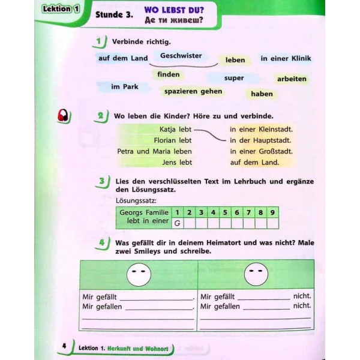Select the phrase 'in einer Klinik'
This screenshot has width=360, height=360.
(286, 58)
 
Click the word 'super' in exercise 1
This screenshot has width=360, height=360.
(234, 78)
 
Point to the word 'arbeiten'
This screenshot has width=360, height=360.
(292, 79)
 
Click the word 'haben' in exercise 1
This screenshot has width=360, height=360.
(262, 94)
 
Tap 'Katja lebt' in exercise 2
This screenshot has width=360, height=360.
(176, 129)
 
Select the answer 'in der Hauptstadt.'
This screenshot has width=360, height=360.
(261, 140)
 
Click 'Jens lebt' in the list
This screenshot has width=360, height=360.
(177, 162)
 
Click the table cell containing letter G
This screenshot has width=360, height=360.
(177, 223)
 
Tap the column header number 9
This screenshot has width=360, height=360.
(272, 212)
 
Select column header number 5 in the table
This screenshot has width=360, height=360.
(224, 212)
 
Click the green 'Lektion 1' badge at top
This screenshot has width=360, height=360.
(61, 9)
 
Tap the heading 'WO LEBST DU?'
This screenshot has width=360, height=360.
(174, 11)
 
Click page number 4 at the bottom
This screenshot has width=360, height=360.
(64, 347)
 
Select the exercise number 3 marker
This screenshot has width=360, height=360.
(103, 182)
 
